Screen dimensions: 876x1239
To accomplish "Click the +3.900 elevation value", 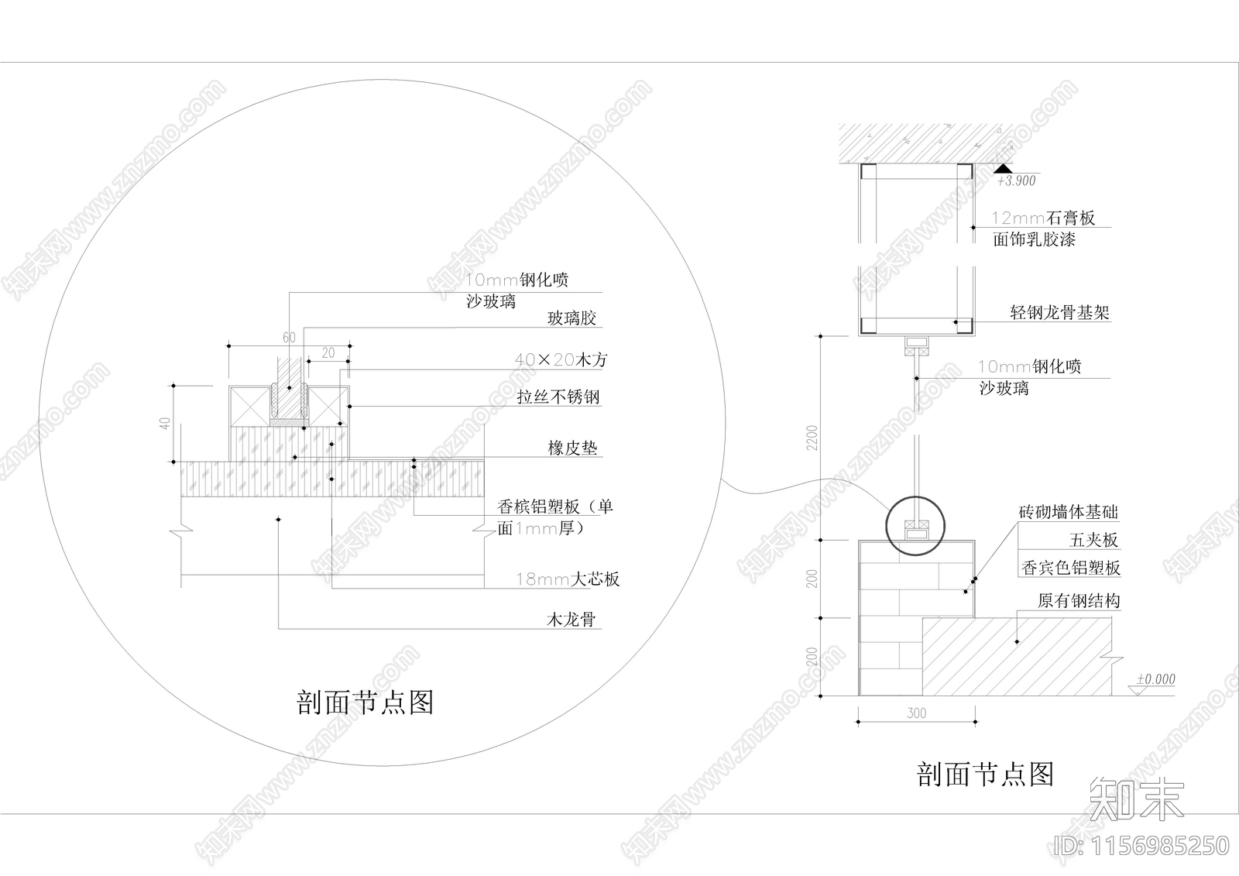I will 1016,181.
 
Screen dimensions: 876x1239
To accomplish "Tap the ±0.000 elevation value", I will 1155,679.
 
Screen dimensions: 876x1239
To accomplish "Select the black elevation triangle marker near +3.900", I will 1003,168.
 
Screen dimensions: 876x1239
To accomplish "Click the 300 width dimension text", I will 916,713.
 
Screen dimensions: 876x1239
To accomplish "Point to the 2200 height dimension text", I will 812,438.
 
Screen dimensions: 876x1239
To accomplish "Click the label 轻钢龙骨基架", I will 1059,313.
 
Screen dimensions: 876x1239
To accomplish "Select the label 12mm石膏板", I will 1044,218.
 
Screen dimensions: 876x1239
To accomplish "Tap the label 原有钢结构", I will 1079,601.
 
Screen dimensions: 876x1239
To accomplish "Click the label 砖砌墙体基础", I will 1069,512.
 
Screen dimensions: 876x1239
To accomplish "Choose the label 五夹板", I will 1094,540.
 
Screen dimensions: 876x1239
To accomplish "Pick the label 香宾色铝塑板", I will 1071,568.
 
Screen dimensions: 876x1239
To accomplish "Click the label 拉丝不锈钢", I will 558,397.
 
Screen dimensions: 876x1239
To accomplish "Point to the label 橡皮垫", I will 572,448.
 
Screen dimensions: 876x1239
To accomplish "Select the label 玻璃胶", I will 571,318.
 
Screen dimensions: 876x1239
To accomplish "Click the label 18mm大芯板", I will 568,579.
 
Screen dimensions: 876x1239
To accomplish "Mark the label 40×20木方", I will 561,360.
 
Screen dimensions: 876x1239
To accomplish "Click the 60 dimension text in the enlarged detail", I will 289,338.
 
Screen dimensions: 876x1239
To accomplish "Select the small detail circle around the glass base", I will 916,526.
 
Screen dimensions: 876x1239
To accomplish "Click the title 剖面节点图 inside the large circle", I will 365,703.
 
